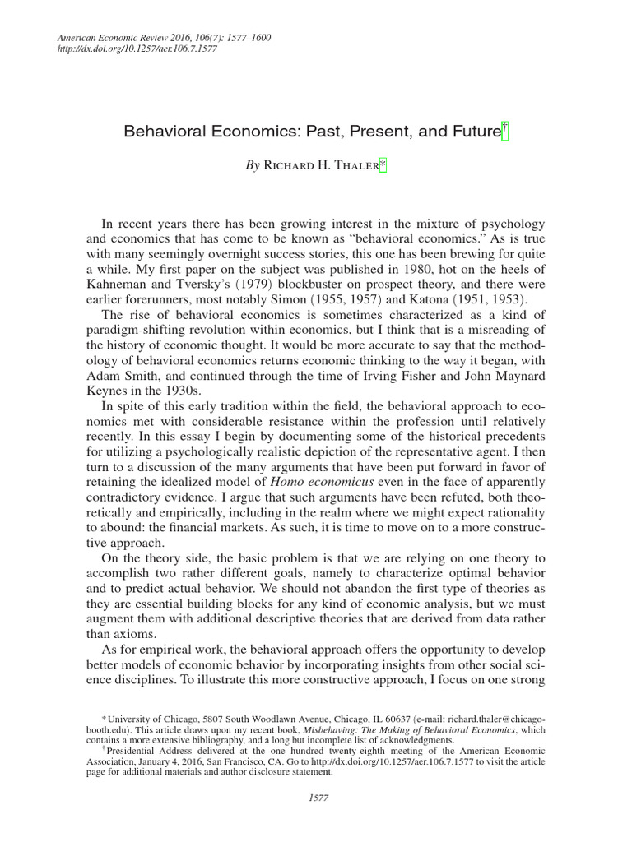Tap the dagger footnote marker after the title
[x=505, y=130]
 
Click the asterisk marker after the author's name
[x=381, y=164]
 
